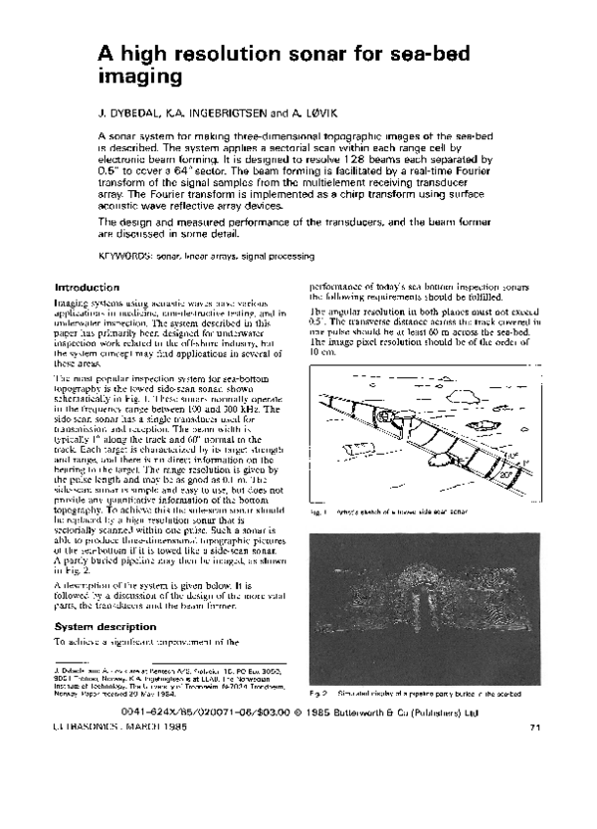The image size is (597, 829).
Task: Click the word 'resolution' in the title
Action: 211,53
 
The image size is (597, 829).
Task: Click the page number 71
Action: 533,730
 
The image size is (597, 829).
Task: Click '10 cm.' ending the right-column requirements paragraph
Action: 323,352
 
